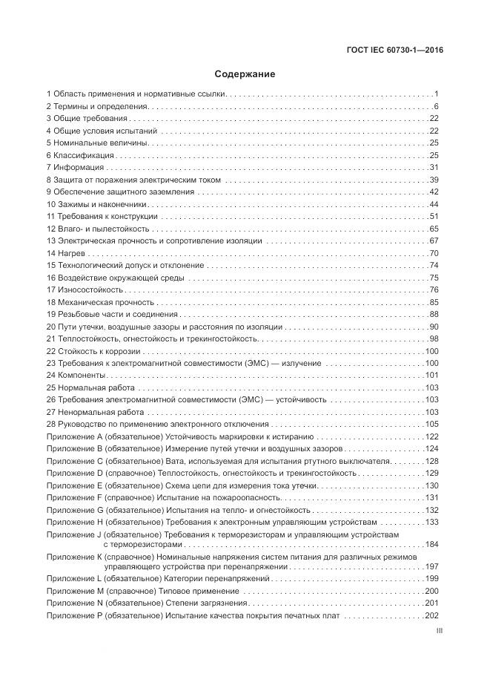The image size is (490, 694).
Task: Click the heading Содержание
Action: click(245, 74)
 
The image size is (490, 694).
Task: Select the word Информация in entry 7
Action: click(76, 168)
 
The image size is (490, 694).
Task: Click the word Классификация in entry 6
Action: click(83, 155)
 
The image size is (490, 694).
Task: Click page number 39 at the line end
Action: click(434, 180)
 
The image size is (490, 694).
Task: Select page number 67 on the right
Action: click(434, 241)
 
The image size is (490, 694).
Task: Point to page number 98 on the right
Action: click(434, 338)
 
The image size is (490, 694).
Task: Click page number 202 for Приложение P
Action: click(432, 617)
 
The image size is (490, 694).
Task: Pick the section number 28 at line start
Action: click(50, 424)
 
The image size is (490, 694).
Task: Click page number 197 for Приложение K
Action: click(432, 566)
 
